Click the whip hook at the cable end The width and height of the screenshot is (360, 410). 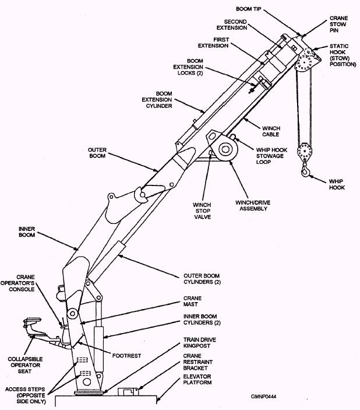coord(306,170)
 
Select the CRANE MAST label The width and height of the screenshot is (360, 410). coord(195,301)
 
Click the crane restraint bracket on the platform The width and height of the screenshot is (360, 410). coord(126,392)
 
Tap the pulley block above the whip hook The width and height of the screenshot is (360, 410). coord(304,152)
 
